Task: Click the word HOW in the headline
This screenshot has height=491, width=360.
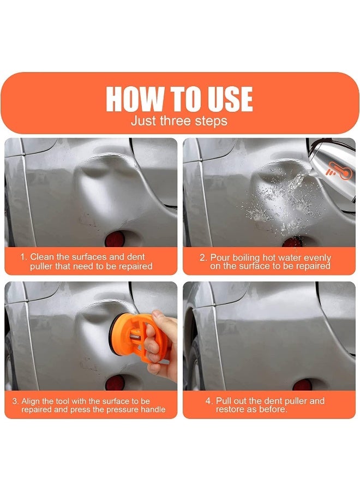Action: pos(135,99)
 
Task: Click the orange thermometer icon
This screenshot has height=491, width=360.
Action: pos(339,171)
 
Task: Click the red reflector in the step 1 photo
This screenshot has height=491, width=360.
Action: pos(115,239)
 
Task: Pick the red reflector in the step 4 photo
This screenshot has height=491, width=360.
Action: pos(302,385)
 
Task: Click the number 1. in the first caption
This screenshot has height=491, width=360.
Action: pos(24,257)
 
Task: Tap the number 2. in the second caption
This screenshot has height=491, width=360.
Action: pos(203,258)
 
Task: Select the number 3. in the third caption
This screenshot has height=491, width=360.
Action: pos(16,401)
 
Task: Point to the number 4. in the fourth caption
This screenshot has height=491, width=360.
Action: pos(209,401)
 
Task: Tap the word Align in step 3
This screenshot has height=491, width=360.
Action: pos(31,401)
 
